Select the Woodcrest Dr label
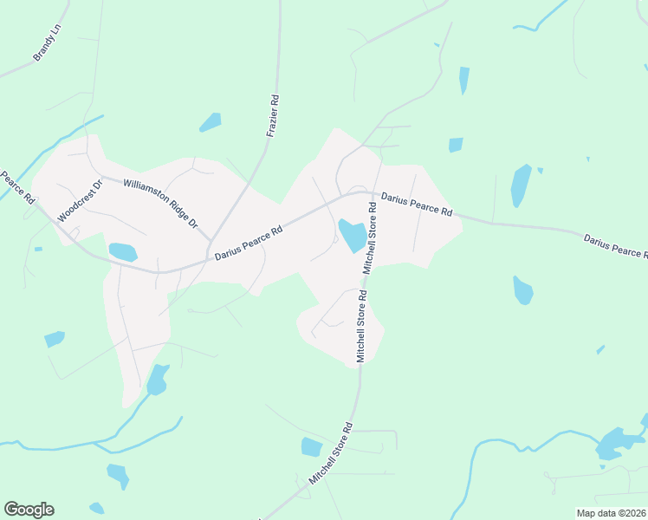80,200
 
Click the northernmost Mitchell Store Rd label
371,238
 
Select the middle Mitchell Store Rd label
362,325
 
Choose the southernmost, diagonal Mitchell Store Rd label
331,453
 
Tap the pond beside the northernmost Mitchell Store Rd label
352,234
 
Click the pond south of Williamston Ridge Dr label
123,252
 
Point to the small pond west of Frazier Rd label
211,123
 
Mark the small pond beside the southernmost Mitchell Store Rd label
311,447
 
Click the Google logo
29,509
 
